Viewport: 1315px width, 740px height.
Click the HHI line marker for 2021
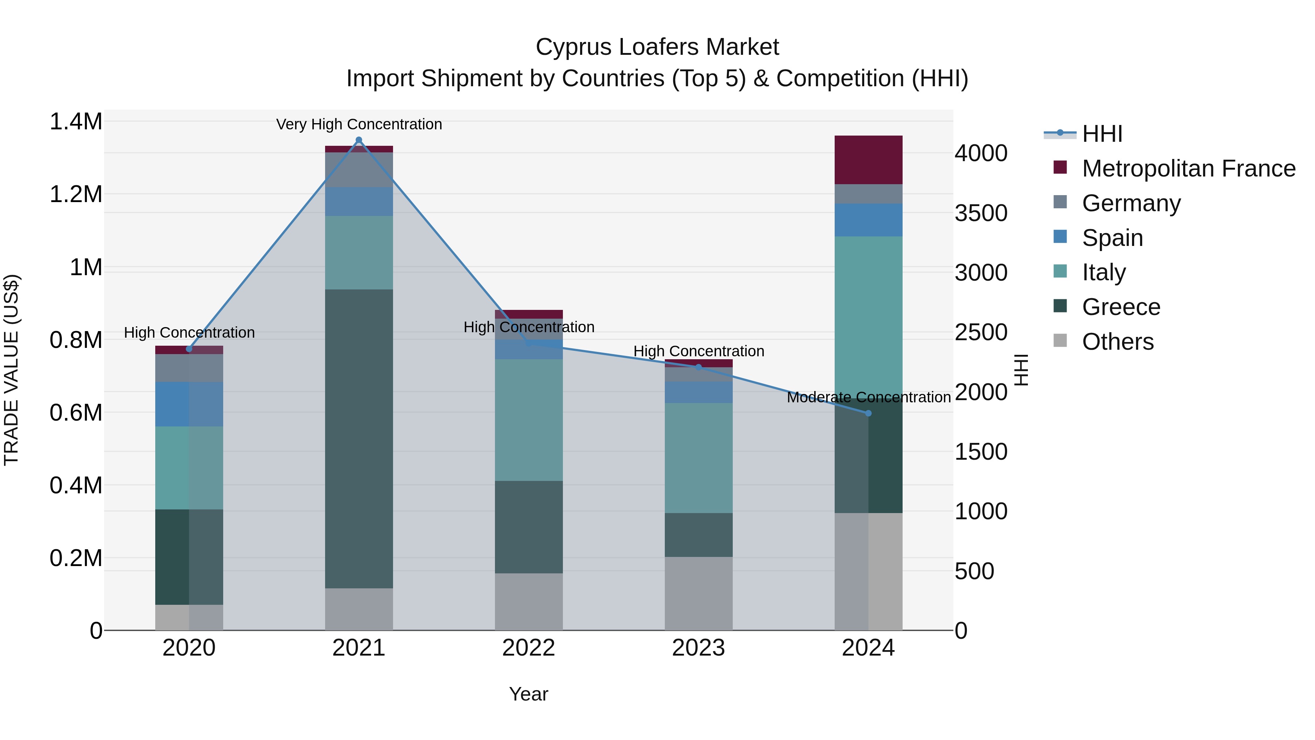click(x=359, y=140)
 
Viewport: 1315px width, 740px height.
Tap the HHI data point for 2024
click(x=868, y=413)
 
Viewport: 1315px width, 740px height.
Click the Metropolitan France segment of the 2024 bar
click(x=868, y=159)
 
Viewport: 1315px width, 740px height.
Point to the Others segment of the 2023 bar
click(x=698, y=593)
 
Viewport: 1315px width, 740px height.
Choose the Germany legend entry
click(x=1131, y=203)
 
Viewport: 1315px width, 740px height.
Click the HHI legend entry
click(x=1102, y=134)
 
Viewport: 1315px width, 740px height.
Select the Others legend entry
click(x=1117, y=342)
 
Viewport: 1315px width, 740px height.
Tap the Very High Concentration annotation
click(x=359, y=124)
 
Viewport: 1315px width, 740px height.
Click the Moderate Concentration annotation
click(x=868, y=397)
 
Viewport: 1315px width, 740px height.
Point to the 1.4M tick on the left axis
click(x=76, y=122)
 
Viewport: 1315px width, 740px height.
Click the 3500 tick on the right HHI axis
click(x=981, y=213)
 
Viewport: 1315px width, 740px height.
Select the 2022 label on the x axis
click(x=528, y=648)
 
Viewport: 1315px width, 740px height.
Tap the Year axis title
click(x=528, y=694)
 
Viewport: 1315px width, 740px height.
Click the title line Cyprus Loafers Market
click(x=657, y=47)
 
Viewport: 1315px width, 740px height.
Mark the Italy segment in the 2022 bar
click(x=528, y=420)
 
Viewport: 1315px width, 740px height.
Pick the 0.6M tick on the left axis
click(x=76, y=413)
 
